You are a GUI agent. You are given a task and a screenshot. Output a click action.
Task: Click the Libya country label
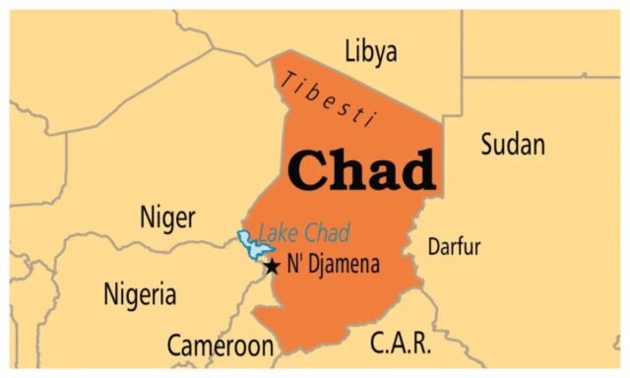point(371,51)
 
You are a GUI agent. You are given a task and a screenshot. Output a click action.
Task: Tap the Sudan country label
point(512,146)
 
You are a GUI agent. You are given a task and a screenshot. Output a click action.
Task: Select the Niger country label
point(167,217)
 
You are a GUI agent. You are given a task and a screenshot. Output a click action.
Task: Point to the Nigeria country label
point(140,293)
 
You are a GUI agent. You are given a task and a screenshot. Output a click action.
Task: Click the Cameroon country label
point(220,346)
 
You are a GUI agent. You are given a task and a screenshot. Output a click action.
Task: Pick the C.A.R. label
point(399,344)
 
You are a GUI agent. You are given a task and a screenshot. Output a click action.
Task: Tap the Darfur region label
point(454,246)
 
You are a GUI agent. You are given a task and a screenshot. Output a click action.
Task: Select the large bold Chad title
point(361,169)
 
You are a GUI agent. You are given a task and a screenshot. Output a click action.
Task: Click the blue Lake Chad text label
point(303,234)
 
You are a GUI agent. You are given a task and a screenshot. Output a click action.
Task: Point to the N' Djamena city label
point(333,265)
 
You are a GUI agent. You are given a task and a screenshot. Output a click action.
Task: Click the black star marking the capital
point(273,266)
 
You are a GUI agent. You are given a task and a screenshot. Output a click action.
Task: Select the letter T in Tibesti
point(286,80)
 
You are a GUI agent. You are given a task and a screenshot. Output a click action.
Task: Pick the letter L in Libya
point(349,51)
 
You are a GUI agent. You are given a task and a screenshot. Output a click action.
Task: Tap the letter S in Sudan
point(488,146)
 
